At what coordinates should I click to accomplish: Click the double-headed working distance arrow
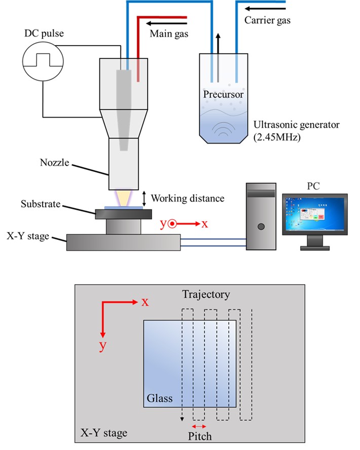point(144,197)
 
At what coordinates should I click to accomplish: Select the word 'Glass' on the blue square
point(159,398)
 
